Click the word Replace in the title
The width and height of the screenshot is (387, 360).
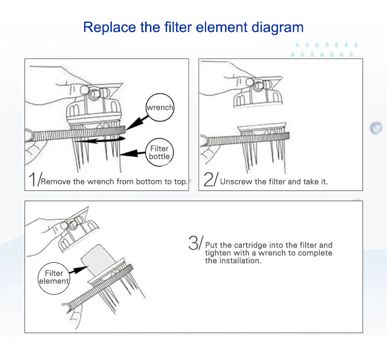(109, 28)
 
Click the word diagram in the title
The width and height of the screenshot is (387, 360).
(277, 28)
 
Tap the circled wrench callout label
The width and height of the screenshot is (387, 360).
(160, 107)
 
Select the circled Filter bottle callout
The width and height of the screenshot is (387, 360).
(159, 152)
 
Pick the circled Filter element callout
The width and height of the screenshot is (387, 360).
(54, 278)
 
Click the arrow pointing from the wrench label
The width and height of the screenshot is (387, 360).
(137, 122)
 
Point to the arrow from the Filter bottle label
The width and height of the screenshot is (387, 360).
(133, 153)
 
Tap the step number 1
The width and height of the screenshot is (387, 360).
(32, 179)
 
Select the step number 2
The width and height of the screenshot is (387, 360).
(209, 179)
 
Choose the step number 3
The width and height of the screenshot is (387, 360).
(193, 242)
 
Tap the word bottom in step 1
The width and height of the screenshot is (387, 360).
(149, 181)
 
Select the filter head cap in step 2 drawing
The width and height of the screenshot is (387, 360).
(258, 92)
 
